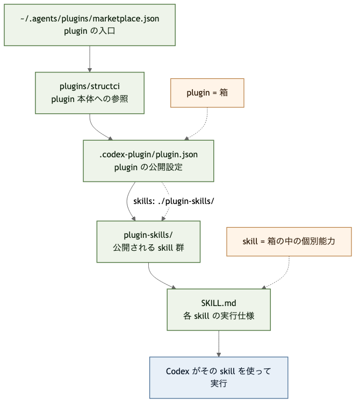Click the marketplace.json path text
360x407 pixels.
pos(90,19)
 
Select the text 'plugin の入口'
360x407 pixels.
pos(90,31)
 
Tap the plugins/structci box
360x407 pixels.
pos(90,93)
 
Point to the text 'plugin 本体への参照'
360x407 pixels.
pos(90,99)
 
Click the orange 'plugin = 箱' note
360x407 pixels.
pos(207,93)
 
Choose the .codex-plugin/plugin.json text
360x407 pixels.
pos(148,155)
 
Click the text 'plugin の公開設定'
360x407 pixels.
pos(148,167)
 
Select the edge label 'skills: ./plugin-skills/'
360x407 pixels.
pos(174,201)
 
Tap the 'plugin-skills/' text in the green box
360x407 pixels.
pos(148,235)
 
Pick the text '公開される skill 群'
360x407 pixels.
pos(148,248)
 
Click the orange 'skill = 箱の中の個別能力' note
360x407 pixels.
pos(289,242)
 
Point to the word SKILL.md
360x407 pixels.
pos(219,303)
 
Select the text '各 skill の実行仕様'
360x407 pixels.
pos(219,316)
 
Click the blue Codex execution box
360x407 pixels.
pos(219,377)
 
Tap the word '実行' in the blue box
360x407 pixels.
pos(219,384)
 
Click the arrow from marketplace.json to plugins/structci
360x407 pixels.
pos(90,59)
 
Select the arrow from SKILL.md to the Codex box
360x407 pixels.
pos(219,344)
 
